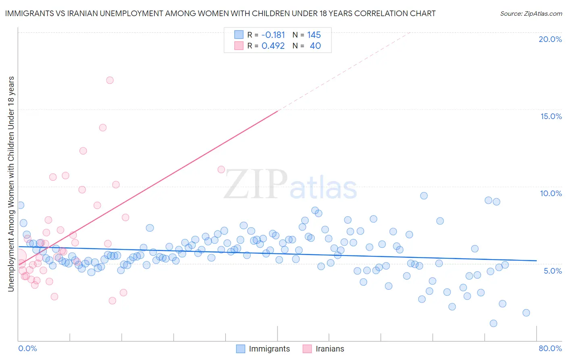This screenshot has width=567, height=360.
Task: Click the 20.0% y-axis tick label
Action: click(550, 39)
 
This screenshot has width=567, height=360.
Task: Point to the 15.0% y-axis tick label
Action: click(551, 116)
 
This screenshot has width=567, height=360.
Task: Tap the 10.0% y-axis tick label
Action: click(551, 193)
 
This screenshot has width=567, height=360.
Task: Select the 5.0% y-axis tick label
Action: click(552, 271)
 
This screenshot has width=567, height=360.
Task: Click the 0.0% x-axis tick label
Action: click(27, 348)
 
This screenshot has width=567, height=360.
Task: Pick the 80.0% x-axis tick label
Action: click(550, 348)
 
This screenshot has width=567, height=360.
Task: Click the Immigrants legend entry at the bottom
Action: click(269, 349)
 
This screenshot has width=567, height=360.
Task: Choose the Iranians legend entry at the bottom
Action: click(329, 349)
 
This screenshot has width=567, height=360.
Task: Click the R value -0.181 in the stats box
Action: click(273, 35)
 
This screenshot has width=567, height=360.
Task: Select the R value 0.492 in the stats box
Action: click(273, 46)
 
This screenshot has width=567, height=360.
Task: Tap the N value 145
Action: click(314, 35)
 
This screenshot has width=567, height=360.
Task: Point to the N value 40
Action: click(315, 46)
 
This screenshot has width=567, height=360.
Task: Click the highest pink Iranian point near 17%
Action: click(110, 80)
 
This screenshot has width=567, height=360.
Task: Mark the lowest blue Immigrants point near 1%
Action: click(493, 323)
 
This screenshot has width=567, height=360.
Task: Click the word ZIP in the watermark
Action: click(256, 184)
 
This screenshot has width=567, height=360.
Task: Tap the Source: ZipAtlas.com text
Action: click(531, 14)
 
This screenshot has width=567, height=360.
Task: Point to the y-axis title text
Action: click(11, 184)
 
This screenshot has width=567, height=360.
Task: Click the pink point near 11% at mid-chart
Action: click(221, 170)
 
